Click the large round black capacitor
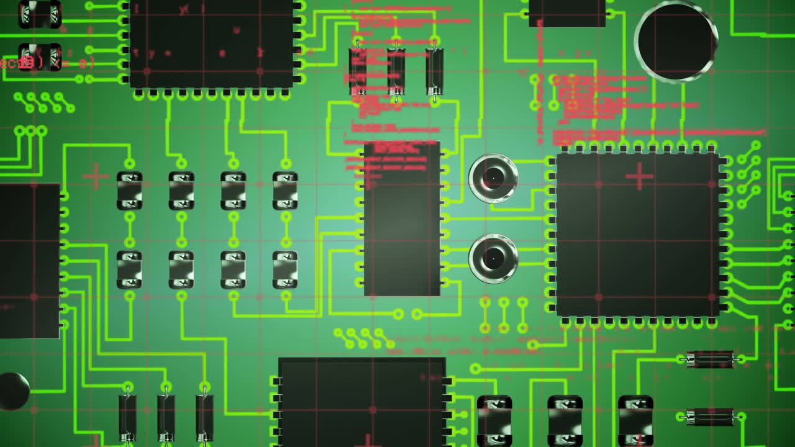click(676, 42)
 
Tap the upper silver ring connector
click(493, 179)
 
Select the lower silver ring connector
click(493, 258)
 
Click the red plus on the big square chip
click(639, 176)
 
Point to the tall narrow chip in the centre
click(402, 219)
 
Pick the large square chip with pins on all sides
click(638, 235)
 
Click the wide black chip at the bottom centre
click(361, 402)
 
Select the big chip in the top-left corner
click(211, 43)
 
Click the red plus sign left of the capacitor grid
click(96, 176)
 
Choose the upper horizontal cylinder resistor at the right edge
click(710, 359)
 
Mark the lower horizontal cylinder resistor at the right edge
click(710, 417)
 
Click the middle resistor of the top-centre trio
click(396, 71)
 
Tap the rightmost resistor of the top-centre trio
click(434, 71)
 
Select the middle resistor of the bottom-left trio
click(166, 417)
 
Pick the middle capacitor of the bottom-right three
click(565, 421)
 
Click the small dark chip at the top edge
click(567, 13)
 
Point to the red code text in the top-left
click(47, 63)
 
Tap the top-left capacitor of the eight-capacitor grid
click(129, 191)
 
